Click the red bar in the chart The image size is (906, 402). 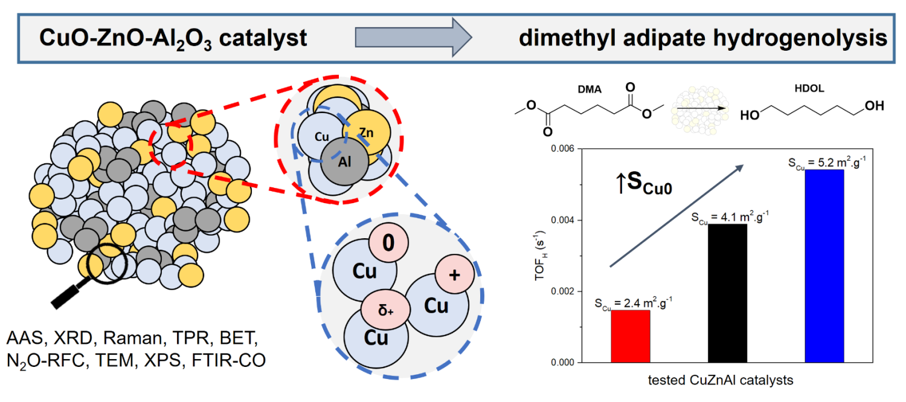pos(630,336)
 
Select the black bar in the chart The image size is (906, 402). pos(727,293)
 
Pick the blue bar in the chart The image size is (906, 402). pos(824,266)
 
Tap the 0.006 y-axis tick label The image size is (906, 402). pos(562,149)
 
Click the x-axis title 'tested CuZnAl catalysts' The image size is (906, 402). pos(721,380)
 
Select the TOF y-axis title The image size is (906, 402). pos(541,256)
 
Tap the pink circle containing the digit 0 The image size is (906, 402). pos(388,243)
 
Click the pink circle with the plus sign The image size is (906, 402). pos(455,274)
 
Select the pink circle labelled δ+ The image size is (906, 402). pos(385,310)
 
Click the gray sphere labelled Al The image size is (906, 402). pos(345,162)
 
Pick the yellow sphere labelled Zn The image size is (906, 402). pos(367,132)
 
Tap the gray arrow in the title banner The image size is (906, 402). pos(413,37)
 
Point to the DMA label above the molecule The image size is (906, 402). pos(590,89)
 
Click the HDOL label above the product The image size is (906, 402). pos(809,88)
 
